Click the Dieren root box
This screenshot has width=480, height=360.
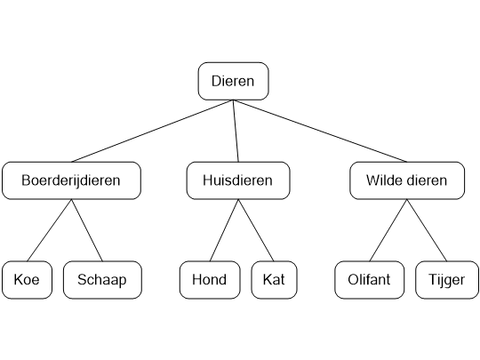point(233,82)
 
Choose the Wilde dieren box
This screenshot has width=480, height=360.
point(407,180)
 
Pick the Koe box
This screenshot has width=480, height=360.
point(27,280)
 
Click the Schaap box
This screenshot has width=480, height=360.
point(102,280)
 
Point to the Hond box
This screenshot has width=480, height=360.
point(209,280)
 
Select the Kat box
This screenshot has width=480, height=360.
point(273,280)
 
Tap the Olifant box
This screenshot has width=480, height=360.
point(370,280)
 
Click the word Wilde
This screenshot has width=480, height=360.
point(383,180)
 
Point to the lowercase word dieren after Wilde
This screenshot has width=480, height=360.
point(428,180)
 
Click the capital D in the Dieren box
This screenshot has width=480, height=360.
point(216,82)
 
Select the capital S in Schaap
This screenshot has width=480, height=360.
point(82,280)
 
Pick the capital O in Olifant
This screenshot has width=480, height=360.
point(352,280)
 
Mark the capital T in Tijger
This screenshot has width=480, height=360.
point(430,280)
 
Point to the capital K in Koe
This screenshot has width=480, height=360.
point(18,280)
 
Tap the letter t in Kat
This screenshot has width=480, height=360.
point(282,280)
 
